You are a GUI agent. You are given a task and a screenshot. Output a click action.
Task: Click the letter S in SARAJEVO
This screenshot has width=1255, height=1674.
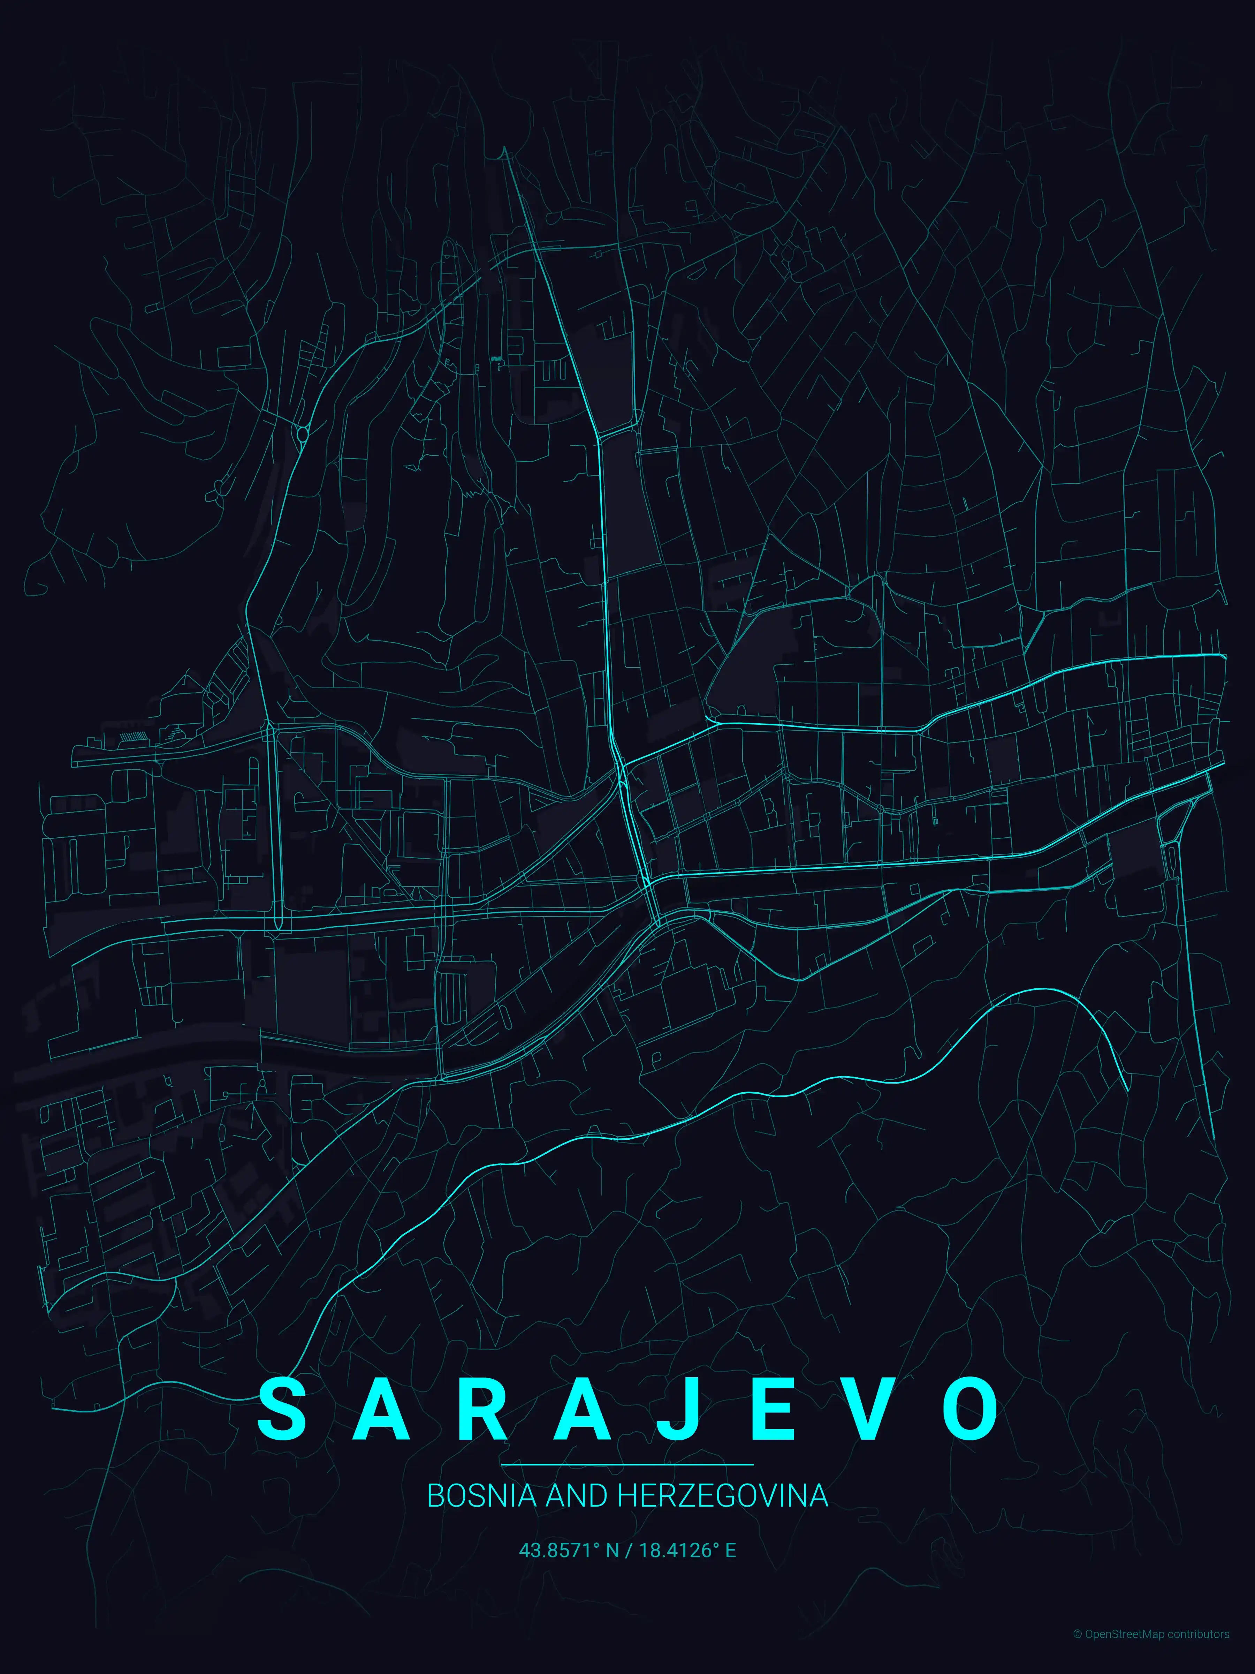(x=282, y=1409)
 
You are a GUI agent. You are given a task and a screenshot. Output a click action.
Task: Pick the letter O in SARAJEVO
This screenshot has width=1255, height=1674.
(x=971, y=1409)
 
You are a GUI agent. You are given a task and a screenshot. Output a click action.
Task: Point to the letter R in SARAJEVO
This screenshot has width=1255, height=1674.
(x=480, y=1409)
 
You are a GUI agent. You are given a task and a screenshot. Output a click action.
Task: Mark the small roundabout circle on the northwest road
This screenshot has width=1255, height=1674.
(x=303, y=433)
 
